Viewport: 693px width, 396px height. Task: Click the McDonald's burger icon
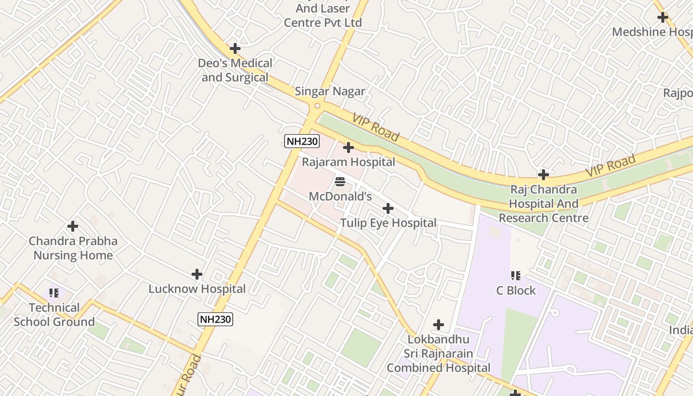(340, 182)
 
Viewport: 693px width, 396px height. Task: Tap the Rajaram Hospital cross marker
(348, 148)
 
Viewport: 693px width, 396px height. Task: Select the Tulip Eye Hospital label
(388, 223)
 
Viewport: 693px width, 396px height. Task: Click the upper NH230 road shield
(302, 142)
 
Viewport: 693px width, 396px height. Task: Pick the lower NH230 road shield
(215, 319)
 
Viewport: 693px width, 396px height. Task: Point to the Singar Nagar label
(330, 91)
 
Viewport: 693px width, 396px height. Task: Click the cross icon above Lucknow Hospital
(197, 274)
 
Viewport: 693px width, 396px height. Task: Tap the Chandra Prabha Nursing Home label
(73, 248)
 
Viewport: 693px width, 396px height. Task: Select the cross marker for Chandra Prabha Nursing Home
(73, 227)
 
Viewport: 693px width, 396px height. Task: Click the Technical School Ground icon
(54, 293)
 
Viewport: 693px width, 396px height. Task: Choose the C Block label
(516, 291)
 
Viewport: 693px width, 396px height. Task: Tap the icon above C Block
(515, 275)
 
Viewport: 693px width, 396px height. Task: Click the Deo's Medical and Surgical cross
(235, 49)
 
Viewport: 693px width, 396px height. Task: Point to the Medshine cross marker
(662, 17)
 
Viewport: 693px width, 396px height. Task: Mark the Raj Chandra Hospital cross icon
(544, 175)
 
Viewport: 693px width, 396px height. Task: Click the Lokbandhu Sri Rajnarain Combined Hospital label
(438, 353)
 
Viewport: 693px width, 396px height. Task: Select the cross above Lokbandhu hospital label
(438, 325)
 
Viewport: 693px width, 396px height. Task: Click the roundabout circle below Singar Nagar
(317, 105)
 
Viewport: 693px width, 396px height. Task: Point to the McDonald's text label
(340, 197)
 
